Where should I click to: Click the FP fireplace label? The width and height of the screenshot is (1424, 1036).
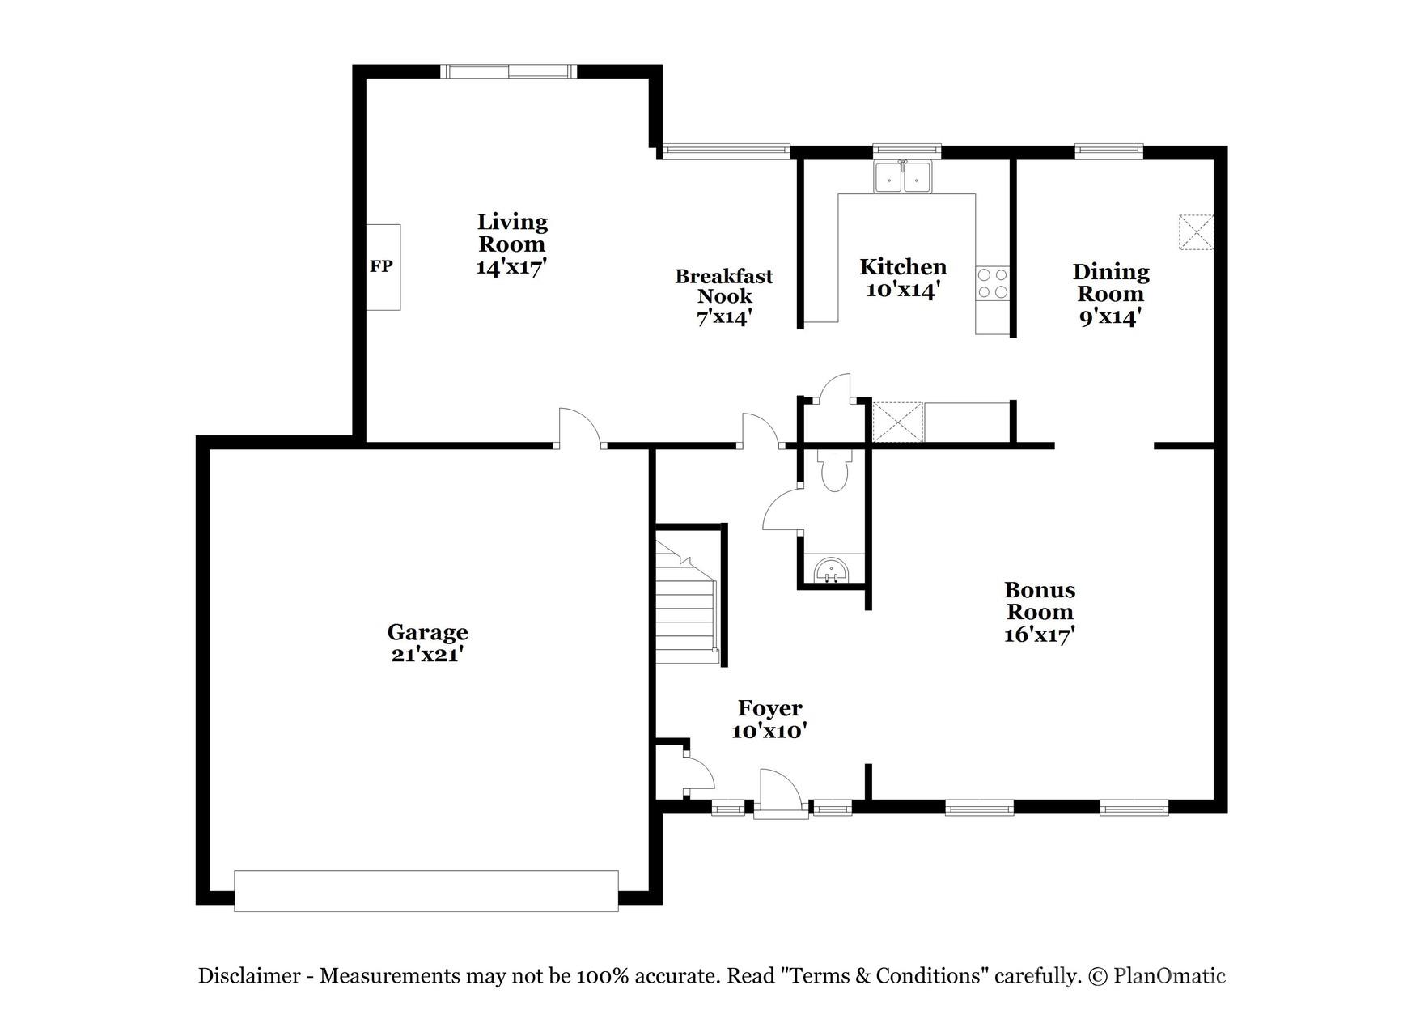coord(381,266)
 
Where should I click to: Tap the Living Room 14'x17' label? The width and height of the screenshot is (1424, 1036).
coord(512,244)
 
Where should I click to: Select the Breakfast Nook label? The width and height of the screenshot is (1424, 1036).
coord(724,296)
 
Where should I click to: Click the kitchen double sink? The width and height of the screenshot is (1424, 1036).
coord(903,176)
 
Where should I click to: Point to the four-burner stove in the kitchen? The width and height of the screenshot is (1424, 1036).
coord(993,283)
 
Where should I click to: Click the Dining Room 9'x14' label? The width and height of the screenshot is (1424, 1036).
coord(1111,294)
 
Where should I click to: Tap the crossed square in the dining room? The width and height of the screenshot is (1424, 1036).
coord(1196,232)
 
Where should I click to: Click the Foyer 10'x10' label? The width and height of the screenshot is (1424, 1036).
coord(769,720)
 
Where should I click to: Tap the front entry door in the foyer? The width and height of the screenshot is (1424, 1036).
coord(781,793)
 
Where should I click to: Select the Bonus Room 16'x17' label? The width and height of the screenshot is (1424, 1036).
coord(1040,612)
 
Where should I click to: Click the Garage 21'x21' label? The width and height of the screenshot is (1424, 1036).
coord(427,643)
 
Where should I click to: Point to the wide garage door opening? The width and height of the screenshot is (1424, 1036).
coord(426,890)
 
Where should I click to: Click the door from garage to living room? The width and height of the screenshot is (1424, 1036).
coord(579,429)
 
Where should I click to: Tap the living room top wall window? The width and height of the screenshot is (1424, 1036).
coord(510,72)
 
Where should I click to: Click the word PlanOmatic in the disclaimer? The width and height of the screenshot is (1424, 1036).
coord(1169,976)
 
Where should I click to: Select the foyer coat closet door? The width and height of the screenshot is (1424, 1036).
coord(698,773)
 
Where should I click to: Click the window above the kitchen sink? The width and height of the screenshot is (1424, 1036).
coord(906,150)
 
